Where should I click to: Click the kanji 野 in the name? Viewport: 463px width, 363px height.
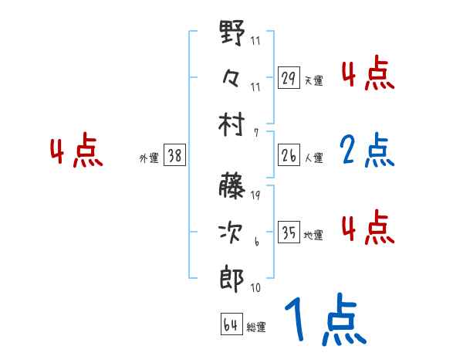click(x=232, y=34)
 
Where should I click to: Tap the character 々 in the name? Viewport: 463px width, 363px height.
click(x=232, y=77)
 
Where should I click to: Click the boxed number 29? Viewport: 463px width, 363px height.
click(x=289, y=78)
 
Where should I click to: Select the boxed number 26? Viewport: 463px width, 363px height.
click(x=289, y=155)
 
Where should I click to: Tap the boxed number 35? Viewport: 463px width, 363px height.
click(x=289, y=232)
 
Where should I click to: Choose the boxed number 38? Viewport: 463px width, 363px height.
click(x=174, y=155)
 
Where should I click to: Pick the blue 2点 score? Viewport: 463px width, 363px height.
click(x=367, y=151)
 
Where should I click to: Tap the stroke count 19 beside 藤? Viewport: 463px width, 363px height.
click(x=255, y=195)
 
